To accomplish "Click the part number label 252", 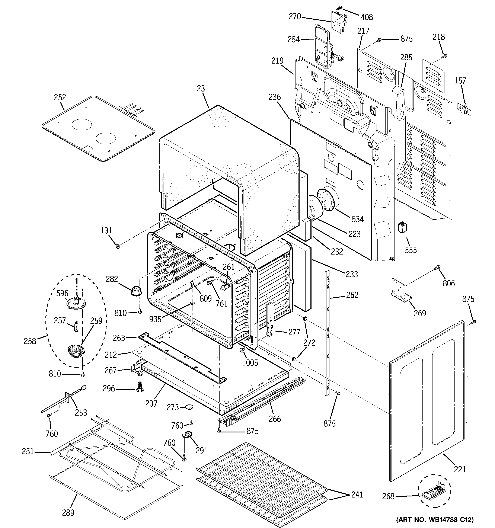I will pyautogui.click(x=60, y=97).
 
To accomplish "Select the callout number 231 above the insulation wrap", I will pyautogui.click(x=203, y=89).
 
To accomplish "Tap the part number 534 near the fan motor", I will pyautogui.click(x=358, y=219).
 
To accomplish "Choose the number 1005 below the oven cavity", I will pyautogui.click(x=250, y=362).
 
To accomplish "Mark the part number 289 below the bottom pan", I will pyautogui.click(x=68, y=513).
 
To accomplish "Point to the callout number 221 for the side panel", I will pyautogui.click(x=460, y=469).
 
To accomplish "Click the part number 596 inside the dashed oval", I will pyautogui.click(x=62, y=293).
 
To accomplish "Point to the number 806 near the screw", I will pyautogui.click(x=448, y=283).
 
